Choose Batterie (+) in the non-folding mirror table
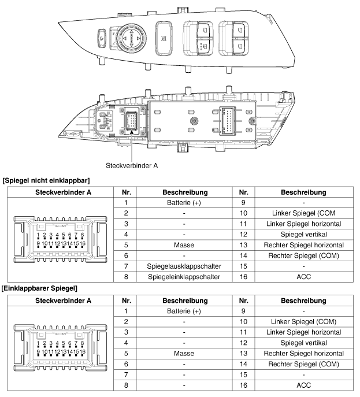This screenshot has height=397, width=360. tap(184, 203)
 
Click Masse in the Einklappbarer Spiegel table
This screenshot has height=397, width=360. tap(184, 353)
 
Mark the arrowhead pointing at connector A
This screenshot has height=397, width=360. tap(132, 132)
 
